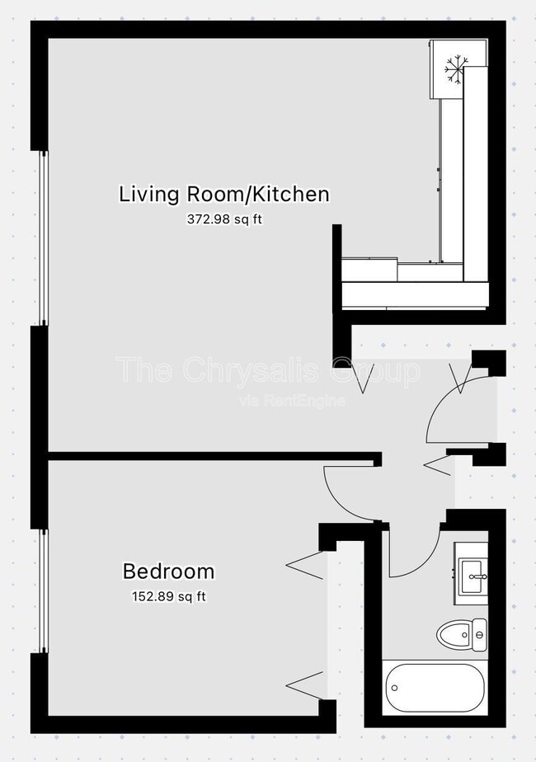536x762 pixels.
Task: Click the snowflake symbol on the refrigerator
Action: [x=454, y=69]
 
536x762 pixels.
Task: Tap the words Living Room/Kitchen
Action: [x=224, y=195]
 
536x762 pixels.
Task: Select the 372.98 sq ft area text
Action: [x=224, y=219]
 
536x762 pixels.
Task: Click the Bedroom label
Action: [x=168, y=571]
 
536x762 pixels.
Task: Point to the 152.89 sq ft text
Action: [x=168, y=595]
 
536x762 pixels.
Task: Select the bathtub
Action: [x=435, y=687]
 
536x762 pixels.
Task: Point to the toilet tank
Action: [x=480, y=634]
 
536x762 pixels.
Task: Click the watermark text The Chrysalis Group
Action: [x=268, y=370]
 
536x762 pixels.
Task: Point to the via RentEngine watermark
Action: [x=292, y=401]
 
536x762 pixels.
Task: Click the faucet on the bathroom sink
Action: [x=483, y=576]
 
